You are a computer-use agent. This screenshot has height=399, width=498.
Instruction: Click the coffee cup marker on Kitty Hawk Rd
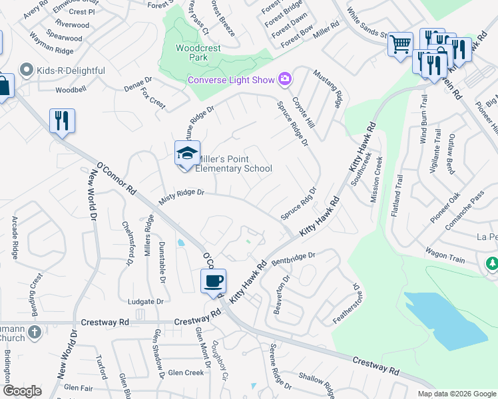point(213,281)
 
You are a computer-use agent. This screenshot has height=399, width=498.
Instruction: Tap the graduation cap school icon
point(187,154)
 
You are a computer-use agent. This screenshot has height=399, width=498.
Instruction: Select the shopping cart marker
point(400,45)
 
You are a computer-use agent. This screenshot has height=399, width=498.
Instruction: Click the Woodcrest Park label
point(192,53)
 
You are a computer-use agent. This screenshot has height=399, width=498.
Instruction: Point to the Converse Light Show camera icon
point(286,80)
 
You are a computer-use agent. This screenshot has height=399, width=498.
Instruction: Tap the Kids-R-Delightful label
point(71,70)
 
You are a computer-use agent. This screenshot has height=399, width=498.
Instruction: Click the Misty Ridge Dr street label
point(180,196)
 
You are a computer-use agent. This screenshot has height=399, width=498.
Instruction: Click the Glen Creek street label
point(185,373)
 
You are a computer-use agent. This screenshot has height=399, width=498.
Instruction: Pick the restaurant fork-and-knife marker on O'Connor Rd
point(62,122)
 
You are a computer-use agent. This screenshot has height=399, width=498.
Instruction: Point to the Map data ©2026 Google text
point(456,394)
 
